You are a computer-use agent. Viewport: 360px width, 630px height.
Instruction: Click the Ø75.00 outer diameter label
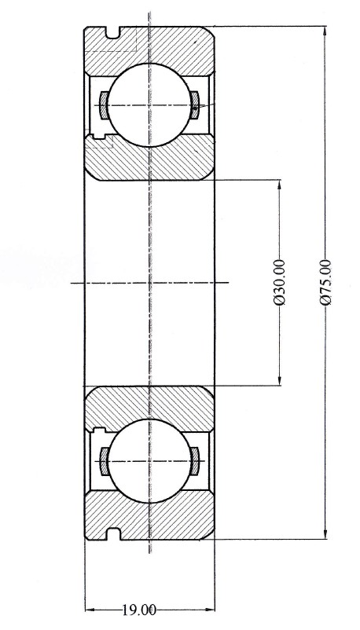click(326, 282)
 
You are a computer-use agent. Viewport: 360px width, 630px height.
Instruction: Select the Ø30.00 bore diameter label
click(280, 283)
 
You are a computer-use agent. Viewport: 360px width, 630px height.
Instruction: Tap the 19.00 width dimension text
click(139, 610)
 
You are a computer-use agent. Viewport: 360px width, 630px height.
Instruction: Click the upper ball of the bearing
click(149, 104)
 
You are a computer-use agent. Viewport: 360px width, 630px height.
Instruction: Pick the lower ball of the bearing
click(149, 460)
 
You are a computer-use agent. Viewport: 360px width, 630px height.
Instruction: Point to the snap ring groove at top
click(113, 32)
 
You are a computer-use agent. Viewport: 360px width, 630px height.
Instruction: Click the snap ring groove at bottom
click(113, 533)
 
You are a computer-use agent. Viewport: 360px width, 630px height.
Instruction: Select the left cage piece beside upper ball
click(104, 105)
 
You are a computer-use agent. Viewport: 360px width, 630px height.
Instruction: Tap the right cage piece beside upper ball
click(195, 105)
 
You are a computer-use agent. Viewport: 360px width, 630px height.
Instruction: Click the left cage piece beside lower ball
click(104, 461)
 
